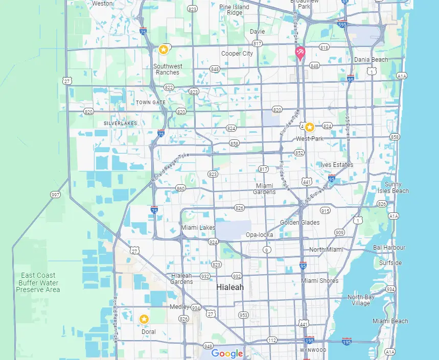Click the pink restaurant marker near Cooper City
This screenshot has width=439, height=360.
point(300,53)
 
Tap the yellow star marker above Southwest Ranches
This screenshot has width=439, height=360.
point(163,50)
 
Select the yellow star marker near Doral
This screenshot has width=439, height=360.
point(144,319)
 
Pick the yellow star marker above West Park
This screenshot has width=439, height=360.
point(310,127)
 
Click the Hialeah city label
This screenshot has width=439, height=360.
point(230,287)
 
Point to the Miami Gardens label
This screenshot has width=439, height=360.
point(265,188)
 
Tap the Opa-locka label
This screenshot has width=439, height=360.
point(260,235)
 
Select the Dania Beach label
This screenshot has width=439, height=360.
point(371,60)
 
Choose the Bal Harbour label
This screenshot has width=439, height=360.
point(389,248)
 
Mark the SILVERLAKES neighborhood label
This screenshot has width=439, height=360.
point(121,124)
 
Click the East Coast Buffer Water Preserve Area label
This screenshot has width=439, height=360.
point(38,282)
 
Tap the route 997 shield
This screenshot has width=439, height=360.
point(55,195)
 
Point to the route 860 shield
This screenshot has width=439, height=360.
point(180,188)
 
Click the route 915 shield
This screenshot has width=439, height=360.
point(325,211)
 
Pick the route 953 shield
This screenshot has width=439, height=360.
point(243,315)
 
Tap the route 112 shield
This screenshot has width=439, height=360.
point(272,340)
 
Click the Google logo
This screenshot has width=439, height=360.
point(227,353)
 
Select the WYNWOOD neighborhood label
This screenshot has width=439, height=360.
point(313,350)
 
